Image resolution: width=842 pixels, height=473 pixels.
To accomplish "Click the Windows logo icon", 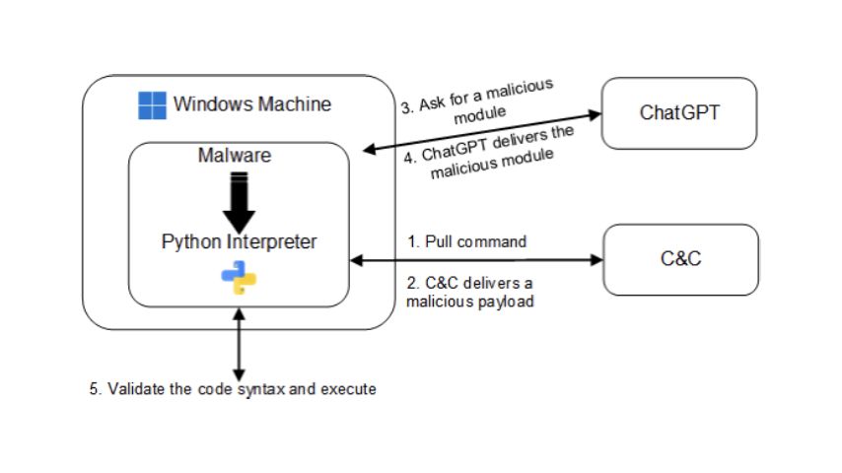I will point(152,105).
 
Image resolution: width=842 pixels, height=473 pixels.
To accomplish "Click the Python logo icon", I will point(239,278).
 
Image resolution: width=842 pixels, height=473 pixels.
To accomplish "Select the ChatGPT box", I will point(679,112).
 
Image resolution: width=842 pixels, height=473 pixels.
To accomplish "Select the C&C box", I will point(680,260).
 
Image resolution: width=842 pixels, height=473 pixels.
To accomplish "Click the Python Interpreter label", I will point(240,241).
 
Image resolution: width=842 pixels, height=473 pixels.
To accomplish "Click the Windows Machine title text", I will point(252,104).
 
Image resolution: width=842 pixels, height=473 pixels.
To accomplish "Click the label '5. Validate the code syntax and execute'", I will point(233,389).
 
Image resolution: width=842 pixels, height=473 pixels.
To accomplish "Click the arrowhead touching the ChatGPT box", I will point(594,115).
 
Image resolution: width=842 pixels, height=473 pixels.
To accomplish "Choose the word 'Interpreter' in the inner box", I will point(275,241).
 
